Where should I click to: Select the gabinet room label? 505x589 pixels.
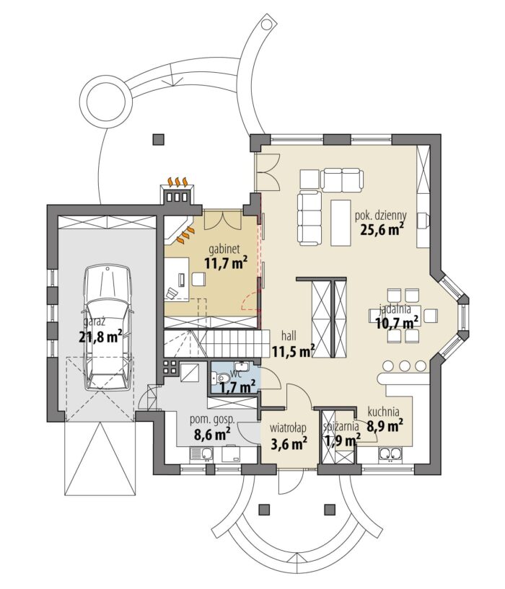(224, 249)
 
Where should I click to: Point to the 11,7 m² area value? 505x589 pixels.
(226, 262)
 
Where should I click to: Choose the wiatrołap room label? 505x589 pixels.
(289, 428)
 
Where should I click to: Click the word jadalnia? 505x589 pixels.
(395, 309)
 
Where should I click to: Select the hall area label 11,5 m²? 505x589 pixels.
(294, 352)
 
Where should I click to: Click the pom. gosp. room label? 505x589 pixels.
(212, 419)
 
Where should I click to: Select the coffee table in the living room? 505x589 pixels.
(341, 222)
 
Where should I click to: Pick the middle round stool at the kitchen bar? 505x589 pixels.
(405, 366)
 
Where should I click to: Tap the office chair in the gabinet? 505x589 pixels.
(172, 293)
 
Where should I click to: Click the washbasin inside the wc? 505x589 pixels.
(240, 366)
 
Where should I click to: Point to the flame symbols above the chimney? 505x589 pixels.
(177, 182)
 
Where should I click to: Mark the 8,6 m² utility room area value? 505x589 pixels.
(212, 435)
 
